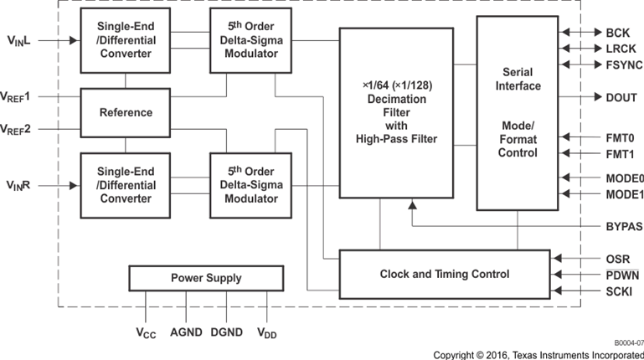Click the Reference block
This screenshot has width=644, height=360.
tap(126, 112)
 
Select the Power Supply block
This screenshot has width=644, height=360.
tap(206, 278)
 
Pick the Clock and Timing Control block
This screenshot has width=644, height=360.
tap(444, 274)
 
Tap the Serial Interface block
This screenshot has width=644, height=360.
tap(517, 112)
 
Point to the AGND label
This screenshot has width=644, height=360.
tap(186, 332)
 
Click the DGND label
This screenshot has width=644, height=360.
tap(227, 332)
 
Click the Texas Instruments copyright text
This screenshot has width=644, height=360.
tap(538, 354)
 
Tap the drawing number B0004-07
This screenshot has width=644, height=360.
tap(626, 342)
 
